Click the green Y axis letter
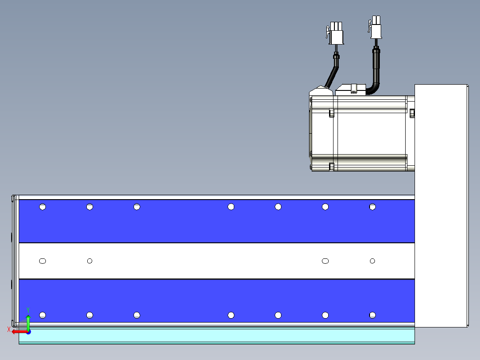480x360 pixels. point(28,310)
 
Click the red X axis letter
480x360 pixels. point(9,330)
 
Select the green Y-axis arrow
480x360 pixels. point(28,323)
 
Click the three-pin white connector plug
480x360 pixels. point(335,33)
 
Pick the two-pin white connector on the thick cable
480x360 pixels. point(375,27)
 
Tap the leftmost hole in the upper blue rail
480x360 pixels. point(43,207)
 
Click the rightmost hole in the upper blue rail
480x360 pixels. point(372,207)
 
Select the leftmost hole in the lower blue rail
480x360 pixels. point(43,315)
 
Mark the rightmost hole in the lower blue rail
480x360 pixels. point(372,315)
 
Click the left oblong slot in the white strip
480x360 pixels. point(43,261)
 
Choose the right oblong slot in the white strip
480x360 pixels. point(325,261)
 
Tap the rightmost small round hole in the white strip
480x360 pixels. point(372,261)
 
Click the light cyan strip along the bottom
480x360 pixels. point(217,336)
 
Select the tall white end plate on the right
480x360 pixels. point(441,206)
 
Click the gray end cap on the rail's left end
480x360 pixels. point(14,261)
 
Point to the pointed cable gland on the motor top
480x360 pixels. point(321,91)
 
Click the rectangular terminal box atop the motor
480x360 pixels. point(351,90)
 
